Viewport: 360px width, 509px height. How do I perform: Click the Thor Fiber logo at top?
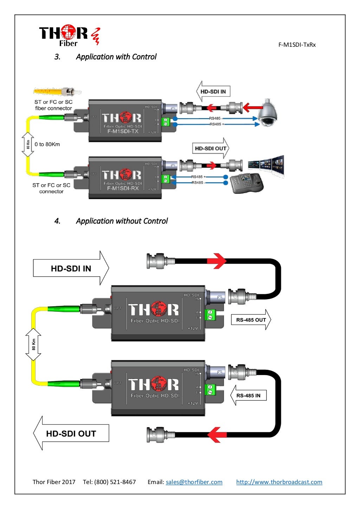click(69, 35)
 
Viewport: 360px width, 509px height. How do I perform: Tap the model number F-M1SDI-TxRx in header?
click(297, 45)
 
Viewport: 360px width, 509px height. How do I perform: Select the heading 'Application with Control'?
click(116, 57)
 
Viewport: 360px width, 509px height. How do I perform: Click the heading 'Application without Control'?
click(122, 221)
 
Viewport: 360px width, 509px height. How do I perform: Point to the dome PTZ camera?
click(268, 112)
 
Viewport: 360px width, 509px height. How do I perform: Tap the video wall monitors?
click(266, 165)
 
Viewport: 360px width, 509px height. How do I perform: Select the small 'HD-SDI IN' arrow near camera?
click(213, 91)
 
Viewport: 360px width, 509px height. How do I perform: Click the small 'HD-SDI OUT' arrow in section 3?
click(211, 148)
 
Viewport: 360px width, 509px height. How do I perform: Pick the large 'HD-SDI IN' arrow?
click(71, 268)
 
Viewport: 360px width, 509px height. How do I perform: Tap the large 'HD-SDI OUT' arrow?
click(71, 433)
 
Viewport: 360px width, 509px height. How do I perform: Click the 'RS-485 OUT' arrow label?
click(251, 320)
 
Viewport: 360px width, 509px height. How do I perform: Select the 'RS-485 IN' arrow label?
click(248, 395)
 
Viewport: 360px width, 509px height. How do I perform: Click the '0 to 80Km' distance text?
click(47, 144)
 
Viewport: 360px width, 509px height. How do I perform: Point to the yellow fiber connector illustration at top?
click(57, 92)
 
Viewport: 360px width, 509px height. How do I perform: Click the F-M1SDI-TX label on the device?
click(123, 131)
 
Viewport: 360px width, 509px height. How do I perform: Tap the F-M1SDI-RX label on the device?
click(123, 188)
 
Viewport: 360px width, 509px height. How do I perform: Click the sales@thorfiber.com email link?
click(194, 482)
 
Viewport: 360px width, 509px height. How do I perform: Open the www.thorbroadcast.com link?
click(279, 482)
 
